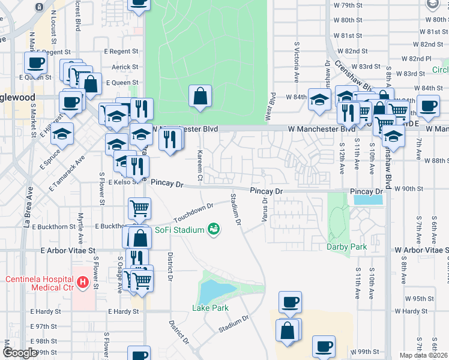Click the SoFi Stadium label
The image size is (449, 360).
179,229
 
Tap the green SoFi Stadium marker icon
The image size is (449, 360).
212,229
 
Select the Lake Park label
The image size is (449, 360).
210,308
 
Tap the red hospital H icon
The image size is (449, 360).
83,281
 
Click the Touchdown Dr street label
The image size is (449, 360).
193,212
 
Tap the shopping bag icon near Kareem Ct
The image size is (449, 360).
200,97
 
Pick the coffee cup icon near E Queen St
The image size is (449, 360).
35,62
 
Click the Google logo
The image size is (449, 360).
20,353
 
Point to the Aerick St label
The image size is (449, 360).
125,67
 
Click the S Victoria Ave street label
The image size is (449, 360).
297,62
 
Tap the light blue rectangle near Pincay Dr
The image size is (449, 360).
368,200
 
